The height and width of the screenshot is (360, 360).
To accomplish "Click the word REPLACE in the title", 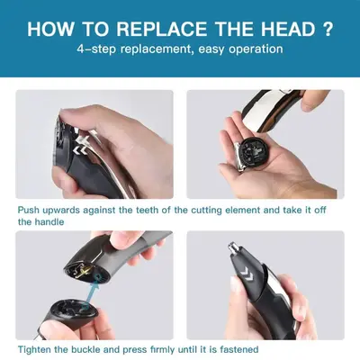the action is (161, 29).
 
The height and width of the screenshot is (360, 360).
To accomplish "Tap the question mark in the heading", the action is (328, 29).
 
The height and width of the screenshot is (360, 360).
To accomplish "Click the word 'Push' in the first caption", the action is (29, 210).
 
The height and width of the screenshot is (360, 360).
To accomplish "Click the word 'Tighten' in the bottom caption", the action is (34, 349).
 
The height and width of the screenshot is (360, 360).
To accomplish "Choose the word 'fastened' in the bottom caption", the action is (239, 349).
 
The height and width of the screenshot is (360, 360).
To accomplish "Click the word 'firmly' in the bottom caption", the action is (162, 349).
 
